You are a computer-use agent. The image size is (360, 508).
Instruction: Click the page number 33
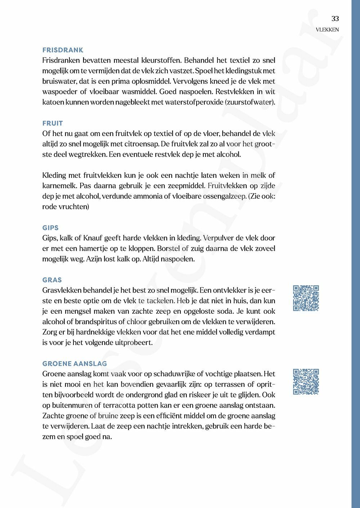point(335,19)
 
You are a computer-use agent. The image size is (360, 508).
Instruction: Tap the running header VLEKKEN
point(327,30)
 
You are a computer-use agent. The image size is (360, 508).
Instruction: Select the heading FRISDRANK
point(63,50)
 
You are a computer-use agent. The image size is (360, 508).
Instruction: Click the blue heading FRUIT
point(53,123)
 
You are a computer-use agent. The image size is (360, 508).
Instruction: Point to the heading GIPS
point(50,228)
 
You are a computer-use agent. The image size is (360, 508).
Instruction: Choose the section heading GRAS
point(52,280)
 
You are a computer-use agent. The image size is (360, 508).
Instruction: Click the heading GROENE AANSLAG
point(75,364)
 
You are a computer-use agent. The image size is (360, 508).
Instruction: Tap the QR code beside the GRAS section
point(306,298)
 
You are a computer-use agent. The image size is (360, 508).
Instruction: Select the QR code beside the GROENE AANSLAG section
point(306,382)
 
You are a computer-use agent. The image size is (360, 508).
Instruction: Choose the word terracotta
point(120,405)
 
